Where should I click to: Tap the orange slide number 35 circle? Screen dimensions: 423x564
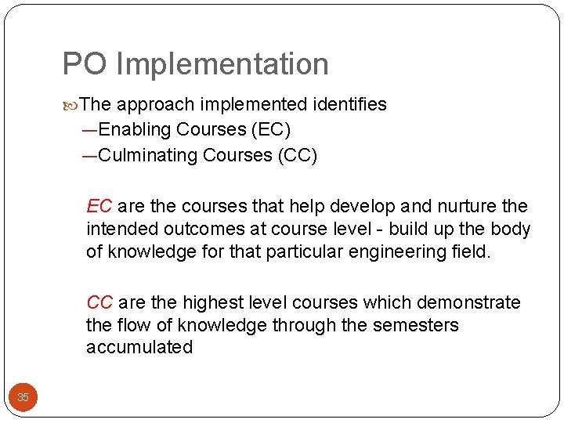23,398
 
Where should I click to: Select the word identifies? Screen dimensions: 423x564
350,105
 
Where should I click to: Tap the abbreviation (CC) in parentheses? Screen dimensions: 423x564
297,155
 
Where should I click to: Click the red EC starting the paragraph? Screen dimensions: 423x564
99,207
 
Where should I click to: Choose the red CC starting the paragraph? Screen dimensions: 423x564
99,303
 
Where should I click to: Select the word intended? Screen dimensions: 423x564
121,230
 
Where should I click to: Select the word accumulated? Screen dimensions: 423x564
139,348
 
